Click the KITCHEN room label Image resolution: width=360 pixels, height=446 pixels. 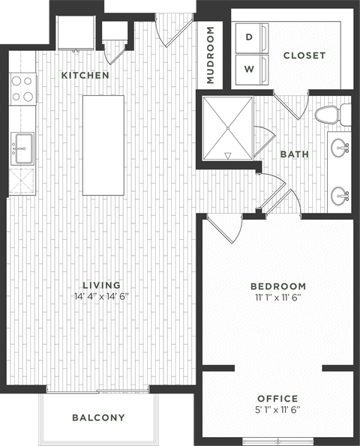pos(85,76)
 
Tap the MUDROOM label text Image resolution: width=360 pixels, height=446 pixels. pos(211,55)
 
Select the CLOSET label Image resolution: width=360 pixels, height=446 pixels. pos(304,55)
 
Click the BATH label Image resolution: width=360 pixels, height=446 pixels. pos(295,154)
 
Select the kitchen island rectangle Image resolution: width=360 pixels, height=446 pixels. pos(103,145)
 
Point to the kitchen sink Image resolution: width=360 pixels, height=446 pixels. pos(22,147)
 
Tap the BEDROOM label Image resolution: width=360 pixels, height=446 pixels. pos(277,286)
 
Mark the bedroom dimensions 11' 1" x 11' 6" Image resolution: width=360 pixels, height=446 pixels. pos(277,298)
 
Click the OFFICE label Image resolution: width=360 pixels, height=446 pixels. pos(277,398)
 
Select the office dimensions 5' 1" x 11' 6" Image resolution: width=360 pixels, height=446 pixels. pos(277,409)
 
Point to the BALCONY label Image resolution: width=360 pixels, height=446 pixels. pos(98,418)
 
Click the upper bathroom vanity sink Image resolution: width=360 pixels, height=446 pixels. pos(342,146)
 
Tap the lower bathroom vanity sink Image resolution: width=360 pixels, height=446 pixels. pos(342,196)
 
